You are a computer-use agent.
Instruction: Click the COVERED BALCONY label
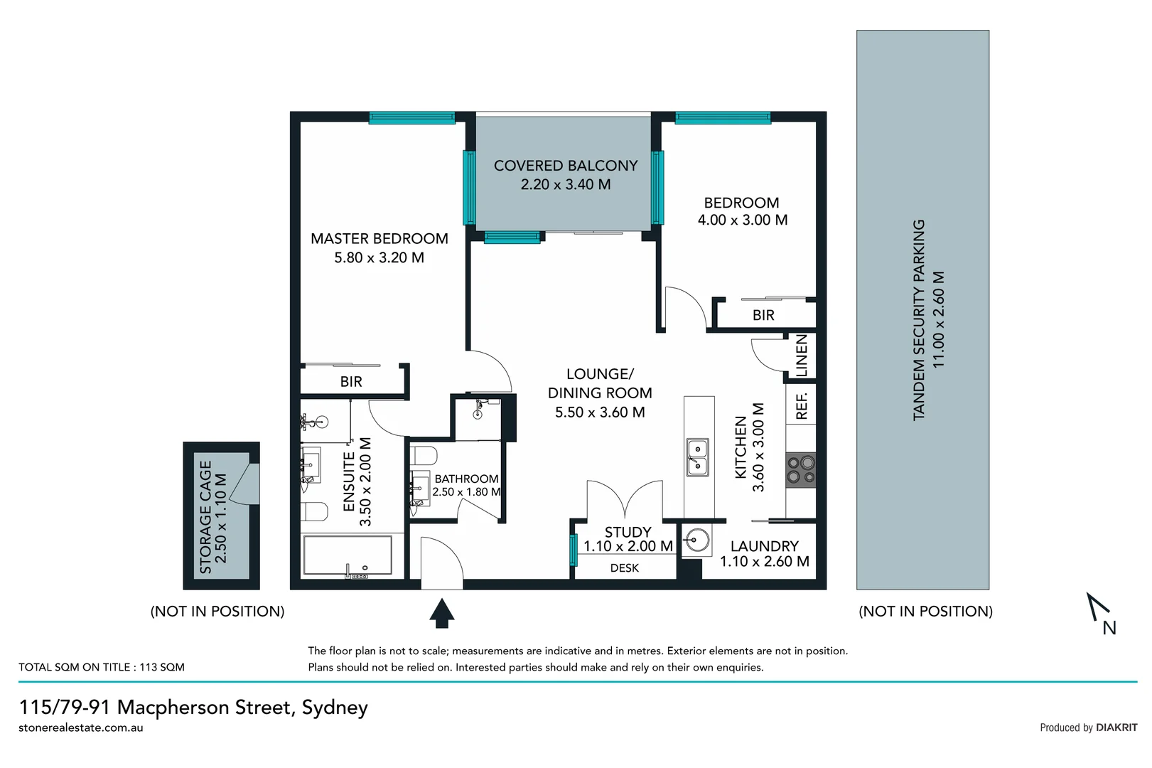pyautogui.click(x=566, y=166)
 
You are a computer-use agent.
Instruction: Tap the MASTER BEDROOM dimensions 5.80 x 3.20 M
pyautogui.click(x=379, y=257)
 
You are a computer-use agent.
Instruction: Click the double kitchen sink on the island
pyautogui.click(x=697, y=457)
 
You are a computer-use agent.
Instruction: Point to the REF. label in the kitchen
pyautogui.click(x=802, y=406)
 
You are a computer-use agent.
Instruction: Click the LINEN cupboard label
pyautogui.click(x=802, y=356)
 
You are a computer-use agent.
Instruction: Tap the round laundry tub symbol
pyautogui.click(x=697, y=541)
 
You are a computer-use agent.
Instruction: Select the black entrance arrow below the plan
pyautogui.click(x=442, y=613)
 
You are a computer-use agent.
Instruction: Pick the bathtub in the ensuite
pyautogui.click(x=348, y=555)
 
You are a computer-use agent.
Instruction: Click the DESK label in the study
pyautogui.click(x=624, y=567)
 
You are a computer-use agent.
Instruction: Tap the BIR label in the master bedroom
pyautogui.click(x=351, y=382)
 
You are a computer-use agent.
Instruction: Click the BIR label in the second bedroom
pyautogui.click(x=763, y=315)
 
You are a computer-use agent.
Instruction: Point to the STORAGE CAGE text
pyautogui.click(x=205, y=517)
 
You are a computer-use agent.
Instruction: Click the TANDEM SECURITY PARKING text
pyautogui.click(x=919, y=319)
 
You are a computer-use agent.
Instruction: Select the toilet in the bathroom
pyautogui.click(x=424, y=455)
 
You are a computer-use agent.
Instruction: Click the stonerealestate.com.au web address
pyautogui.click(x=81, y=727)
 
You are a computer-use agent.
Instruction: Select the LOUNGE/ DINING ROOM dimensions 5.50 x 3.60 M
pyautogui.click(x=600, y=412)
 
